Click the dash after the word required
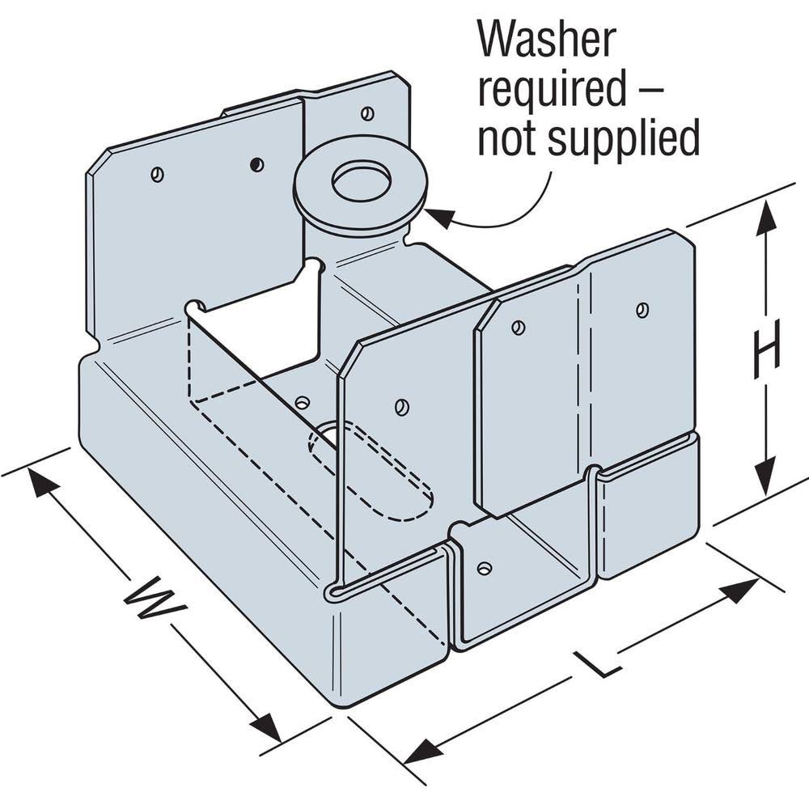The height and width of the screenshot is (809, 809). [x=646, y=90]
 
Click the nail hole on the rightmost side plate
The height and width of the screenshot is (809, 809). [x=642, y=308]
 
